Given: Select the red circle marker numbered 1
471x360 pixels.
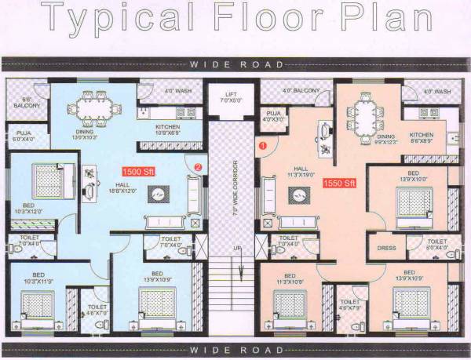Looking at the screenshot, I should pos(264,144).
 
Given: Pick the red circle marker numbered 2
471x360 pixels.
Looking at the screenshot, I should pos(198,166).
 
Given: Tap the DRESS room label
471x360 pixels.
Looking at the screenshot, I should pos(385,247).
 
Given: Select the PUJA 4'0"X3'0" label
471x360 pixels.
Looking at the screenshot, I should pos(274,117).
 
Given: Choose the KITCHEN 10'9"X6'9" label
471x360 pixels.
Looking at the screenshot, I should pos(167,129).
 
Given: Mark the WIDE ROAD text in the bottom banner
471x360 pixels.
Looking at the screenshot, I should pos(235,347).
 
